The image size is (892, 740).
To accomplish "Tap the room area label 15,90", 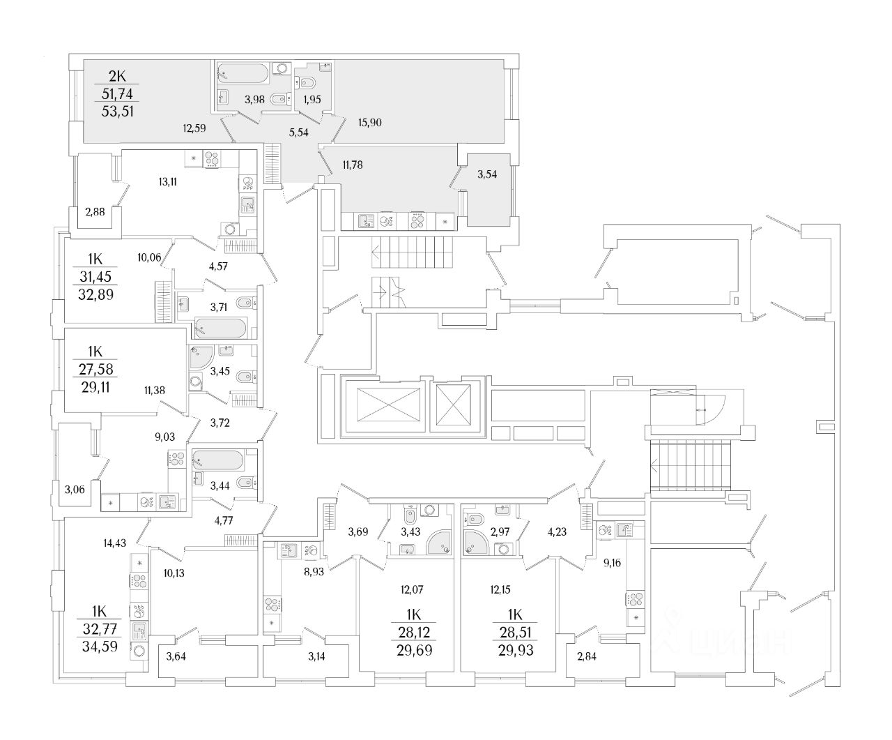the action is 369,123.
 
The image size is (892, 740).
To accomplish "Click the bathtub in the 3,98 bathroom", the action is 242,73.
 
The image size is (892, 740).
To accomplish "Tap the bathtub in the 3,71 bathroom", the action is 220,328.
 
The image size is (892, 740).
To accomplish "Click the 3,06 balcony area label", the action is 76,490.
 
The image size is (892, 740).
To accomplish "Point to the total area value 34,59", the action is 97,646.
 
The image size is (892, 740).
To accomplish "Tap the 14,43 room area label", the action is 116,541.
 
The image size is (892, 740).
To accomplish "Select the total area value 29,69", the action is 414,651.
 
